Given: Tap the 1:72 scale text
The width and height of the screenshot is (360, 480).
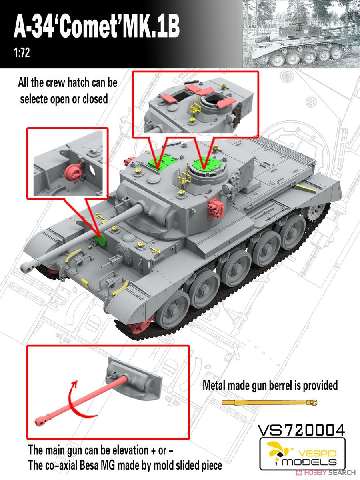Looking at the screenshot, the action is (22, 53).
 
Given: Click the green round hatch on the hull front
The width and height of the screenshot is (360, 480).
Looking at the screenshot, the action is (101, 239).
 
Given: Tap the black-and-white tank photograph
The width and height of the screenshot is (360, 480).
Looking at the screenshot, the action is (301, 34).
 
